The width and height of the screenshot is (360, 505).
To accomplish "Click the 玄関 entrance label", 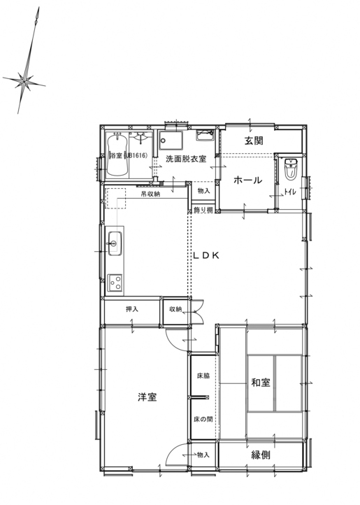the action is (x=254, y=141).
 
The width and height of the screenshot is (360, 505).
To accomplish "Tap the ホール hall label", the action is (x=247, y=180).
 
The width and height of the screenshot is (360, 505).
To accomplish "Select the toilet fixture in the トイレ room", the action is (x=291, y=169).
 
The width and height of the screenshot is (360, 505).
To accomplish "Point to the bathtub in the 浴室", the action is (x=117, y=155).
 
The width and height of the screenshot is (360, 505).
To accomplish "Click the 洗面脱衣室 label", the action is (x=186, y=159).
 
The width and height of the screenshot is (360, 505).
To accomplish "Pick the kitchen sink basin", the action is (x=115, y=243).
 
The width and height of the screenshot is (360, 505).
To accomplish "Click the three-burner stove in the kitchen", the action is (x=115, y=283).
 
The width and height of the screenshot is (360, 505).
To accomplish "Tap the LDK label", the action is (x=206, y=255).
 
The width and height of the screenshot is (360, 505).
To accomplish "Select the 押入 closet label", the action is (x=132, y=309).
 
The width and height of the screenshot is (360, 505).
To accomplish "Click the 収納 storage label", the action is (x=175, y=309).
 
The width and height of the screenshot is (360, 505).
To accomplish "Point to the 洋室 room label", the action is (x=147, y=397).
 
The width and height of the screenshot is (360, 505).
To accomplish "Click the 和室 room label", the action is (x=261, y=383).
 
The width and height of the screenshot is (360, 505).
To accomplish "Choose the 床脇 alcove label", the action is (x=203, y=376).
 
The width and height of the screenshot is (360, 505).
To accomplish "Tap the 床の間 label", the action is (x=203, y=420).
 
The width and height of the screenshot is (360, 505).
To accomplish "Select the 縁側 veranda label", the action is (x=261, y=455).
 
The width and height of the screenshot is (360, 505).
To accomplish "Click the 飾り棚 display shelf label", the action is (x=203, y=211).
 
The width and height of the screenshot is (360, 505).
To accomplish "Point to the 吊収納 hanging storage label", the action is (x=150, y=194).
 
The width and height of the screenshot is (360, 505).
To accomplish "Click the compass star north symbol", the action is (x=24, y=81).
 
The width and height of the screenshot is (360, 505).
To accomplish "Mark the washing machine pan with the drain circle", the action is (x=171, y=141).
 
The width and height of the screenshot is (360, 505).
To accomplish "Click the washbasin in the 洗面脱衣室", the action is (x=205, y=135).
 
